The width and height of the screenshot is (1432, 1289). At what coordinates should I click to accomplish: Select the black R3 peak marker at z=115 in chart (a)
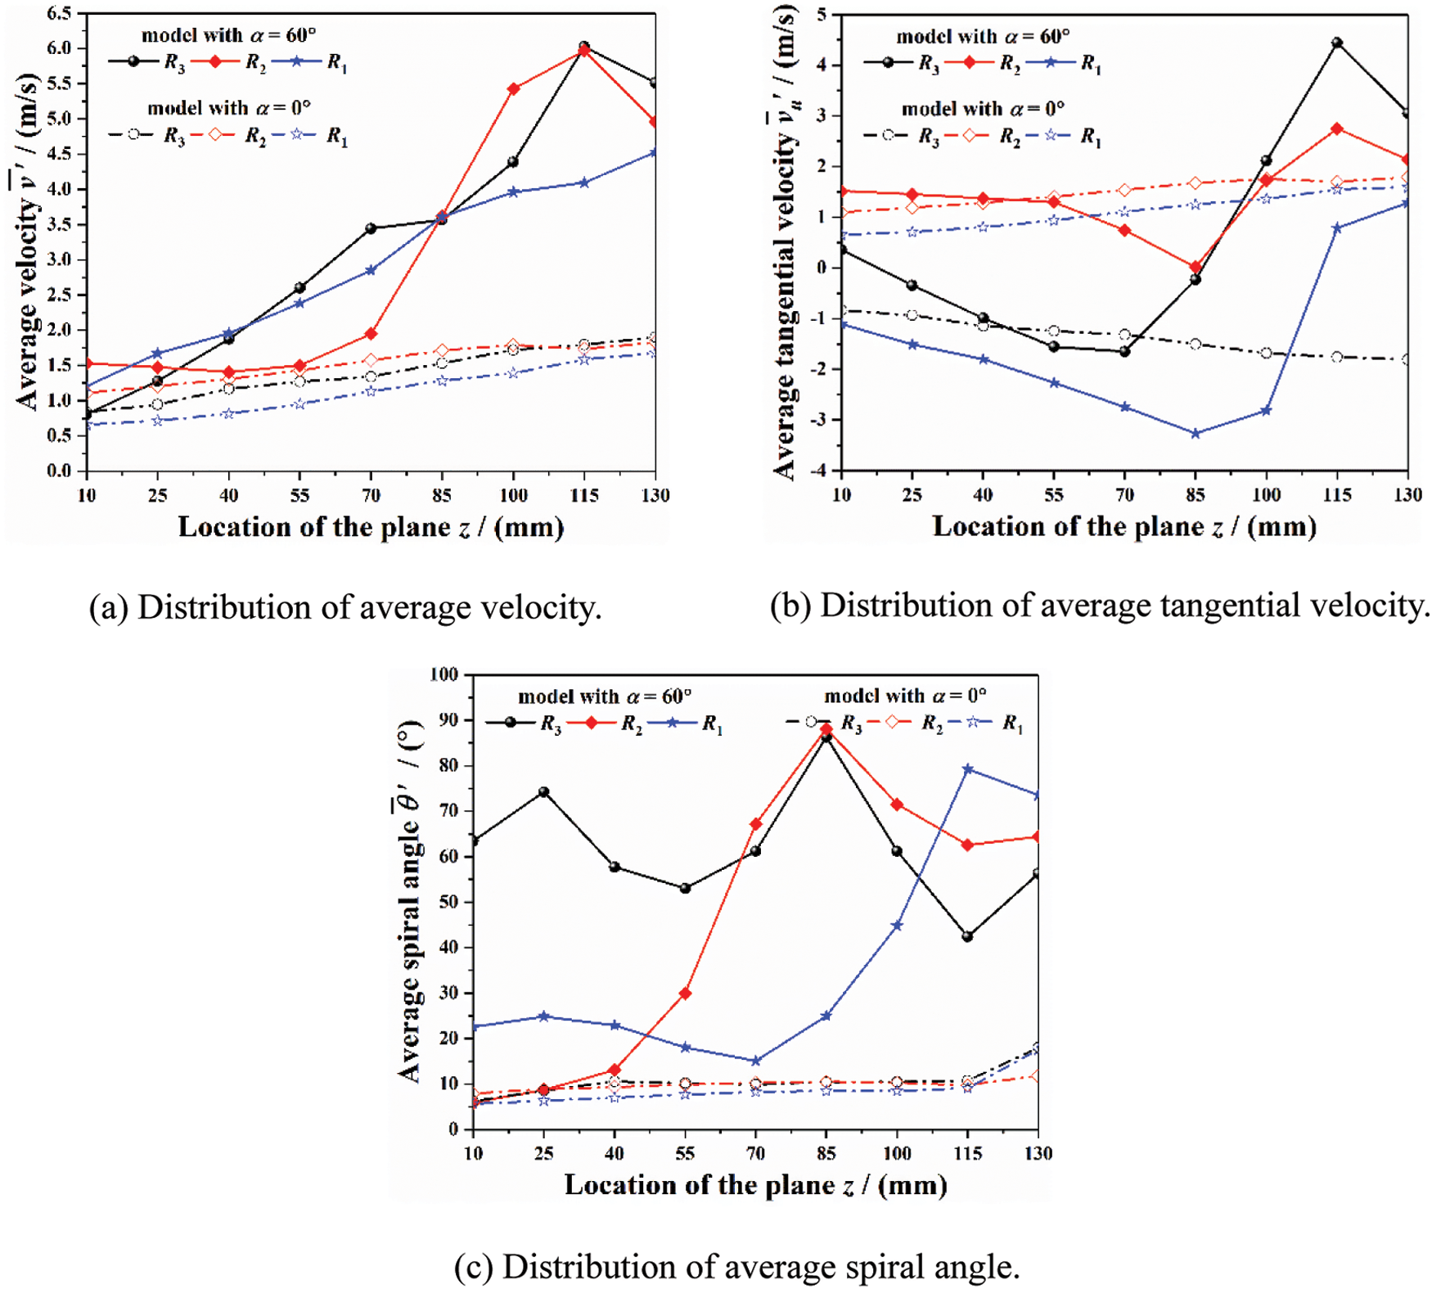584,47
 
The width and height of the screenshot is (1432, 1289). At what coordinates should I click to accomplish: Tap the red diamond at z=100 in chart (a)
513,88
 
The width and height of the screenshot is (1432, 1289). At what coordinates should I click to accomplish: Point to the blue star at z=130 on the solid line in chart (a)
655,153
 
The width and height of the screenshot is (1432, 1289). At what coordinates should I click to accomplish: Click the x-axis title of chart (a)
371,527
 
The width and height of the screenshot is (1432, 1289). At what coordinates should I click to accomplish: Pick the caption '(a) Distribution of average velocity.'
345,608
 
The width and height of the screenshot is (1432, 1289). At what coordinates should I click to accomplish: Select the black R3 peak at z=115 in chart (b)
1337,43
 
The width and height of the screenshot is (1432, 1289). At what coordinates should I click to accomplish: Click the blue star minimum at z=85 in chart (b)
1196,434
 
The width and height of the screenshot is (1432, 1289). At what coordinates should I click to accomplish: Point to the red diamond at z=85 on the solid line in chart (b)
1196,268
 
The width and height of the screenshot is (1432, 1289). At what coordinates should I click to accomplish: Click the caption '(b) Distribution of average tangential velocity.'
1100,606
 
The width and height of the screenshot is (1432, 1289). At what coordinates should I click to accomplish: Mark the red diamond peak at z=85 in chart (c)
826,728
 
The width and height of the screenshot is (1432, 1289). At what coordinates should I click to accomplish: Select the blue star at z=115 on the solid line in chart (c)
968,769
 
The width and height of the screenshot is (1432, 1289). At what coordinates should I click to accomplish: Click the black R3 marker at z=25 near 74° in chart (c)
543,792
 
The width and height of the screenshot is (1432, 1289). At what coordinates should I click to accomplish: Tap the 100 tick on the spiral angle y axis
444,675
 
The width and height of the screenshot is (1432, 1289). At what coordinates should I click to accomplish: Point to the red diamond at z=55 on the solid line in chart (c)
685,994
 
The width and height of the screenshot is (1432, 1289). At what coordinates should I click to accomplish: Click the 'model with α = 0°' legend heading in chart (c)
905,696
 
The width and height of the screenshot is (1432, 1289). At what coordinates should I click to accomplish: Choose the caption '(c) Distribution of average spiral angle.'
736,1267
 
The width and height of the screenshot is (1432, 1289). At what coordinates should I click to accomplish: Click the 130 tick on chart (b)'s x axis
1407,495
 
